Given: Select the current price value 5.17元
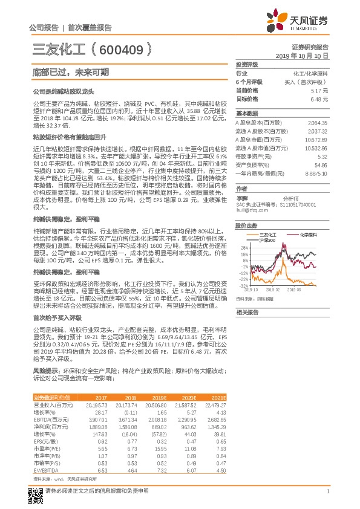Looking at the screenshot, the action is (x=319, y=89).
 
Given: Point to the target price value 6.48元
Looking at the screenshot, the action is (x=319, y=98).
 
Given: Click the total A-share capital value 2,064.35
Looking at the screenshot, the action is (x=317, y=122).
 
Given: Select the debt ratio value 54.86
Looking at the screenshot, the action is (x=321, y=164).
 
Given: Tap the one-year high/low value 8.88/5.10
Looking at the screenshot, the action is (x=316, y=173).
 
